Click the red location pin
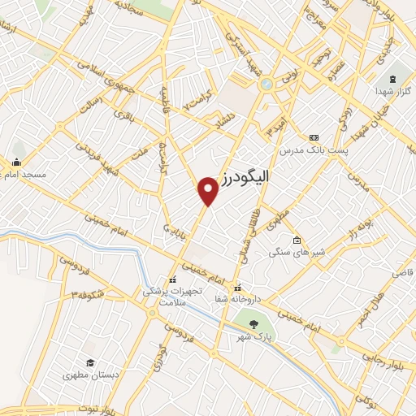coord(209,190)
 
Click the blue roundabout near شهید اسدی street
coord(266,83)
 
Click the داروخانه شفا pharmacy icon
coord(237,288)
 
